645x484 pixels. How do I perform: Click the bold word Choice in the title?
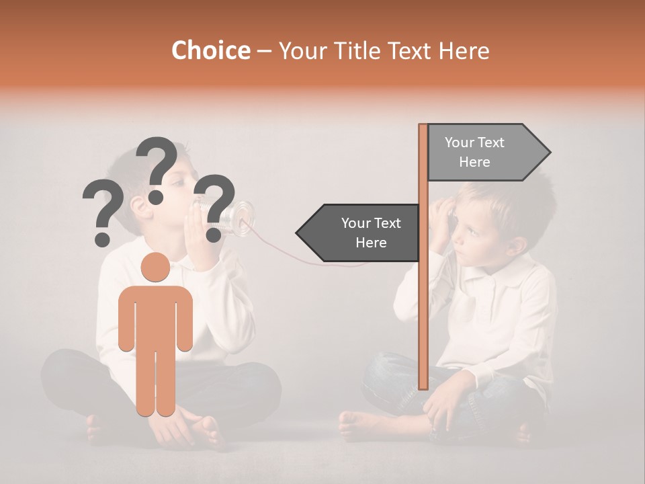(210, 50)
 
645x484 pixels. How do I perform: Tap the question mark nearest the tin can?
(216, 207)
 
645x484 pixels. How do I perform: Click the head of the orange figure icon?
(155, 268)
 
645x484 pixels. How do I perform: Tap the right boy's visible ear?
(517, 245)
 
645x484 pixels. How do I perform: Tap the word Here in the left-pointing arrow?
(371, 243)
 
